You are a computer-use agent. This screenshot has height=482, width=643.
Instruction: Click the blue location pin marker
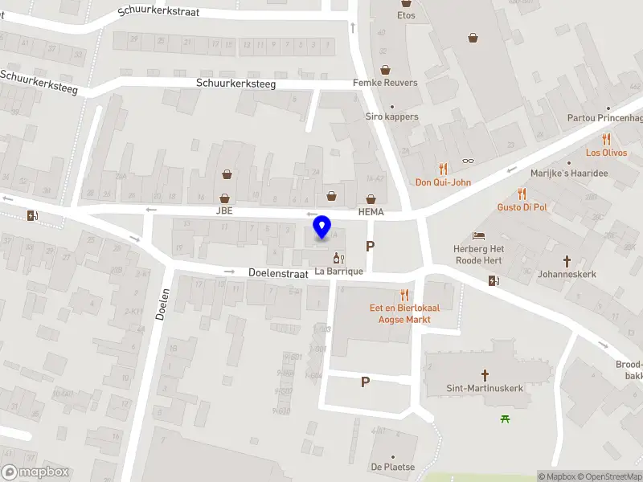[322, 227]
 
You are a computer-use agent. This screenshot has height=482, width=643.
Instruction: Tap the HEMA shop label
[371, 212]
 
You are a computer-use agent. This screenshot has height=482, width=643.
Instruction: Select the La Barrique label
[338, 271]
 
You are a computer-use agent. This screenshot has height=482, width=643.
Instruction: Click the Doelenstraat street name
[278, 273]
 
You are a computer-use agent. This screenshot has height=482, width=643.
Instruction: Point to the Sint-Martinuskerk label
[485, 388]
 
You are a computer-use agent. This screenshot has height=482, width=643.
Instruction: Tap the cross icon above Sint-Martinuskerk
[485, 374]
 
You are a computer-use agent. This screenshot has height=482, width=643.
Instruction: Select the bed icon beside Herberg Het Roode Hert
[479, 235]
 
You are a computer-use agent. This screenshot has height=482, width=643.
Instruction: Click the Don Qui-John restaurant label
[443, 182]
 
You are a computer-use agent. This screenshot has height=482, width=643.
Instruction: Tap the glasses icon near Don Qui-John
[468, 161]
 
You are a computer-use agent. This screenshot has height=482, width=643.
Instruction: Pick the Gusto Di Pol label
[522, 207]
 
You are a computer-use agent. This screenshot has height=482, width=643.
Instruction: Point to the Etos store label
[407, 15]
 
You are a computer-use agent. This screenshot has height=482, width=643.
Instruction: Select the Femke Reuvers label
[385, 83]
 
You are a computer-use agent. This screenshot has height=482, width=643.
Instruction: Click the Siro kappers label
[392, 116]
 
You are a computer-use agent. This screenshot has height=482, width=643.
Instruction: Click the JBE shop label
[223, 211]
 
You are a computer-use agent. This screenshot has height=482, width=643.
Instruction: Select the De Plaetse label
[392, 467]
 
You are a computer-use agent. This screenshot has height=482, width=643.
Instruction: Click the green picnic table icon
[506, 418]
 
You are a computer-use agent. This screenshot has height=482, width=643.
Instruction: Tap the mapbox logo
[35, 472]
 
